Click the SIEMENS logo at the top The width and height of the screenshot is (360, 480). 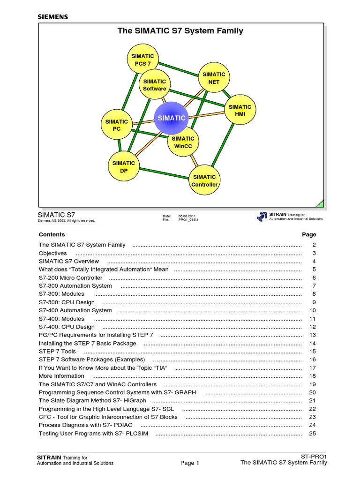(52, 17)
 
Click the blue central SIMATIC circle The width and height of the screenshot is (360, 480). (171, 118)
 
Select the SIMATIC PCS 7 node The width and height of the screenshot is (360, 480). (142, 60)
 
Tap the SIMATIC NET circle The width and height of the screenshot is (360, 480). (214, 78)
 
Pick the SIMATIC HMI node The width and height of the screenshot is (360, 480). (240, 111)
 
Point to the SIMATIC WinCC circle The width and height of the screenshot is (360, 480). (183, 142)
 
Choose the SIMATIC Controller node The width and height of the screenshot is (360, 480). (204, 180)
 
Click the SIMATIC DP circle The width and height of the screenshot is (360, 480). (124, 167)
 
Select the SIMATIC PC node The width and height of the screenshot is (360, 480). (117, 125)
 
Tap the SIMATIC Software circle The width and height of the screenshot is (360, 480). (155, 85)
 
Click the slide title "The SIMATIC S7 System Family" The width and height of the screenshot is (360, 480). (180, 31)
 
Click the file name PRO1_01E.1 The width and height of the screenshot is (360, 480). (188, 220)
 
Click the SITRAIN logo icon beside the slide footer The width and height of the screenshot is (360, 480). (262, 217)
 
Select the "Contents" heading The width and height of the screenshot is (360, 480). (52, 234)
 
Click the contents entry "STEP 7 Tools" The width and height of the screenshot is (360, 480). (57, 351)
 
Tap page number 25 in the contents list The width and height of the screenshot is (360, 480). (313, 433)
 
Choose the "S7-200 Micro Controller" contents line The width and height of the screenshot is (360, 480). (70, 277)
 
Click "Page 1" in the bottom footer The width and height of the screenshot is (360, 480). (190, 463)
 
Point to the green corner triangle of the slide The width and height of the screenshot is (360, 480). (320, 203)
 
